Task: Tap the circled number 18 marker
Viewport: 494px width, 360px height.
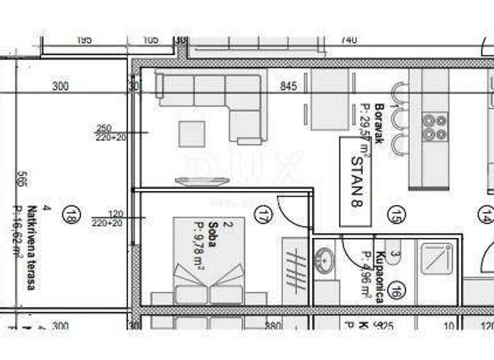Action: tap(71, 215)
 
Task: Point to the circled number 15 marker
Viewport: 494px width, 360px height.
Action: tap(396, 214)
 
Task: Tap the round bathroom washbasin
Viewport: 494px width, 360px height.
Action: tap(325, 260)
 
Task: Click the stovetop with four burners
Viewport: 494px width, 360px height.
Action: tap(435, 127)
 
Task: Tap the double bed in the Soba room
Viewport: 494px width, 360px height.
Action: tap(209, 270)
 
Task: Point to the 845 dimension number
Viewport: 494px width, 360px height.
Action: tap(289, 86)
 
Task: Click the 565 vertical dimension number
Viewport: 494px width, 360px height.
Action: tap(23, 179)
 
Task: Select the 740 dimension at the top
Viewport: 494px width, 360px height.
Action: tap(348, 40)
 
